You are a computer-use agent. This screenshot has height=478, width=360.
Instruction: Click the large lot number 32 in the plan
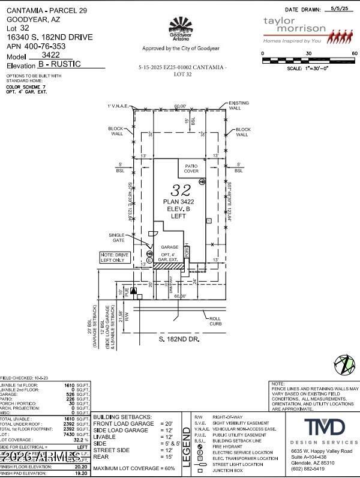[x=181, y=190]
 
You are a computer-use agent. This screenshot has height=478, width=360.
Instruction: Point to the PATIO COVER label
[x=191, y=169]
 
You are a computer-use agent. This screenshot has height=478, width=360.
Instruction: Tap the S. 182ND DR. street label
[x=179, y=339]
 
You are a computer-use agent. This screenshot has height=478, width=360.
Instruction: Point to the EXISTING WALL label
[x=238, y=106]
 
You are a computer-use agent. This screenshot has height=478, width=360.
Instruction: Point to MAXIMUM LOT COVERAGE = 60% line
[x=134, y=468]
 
